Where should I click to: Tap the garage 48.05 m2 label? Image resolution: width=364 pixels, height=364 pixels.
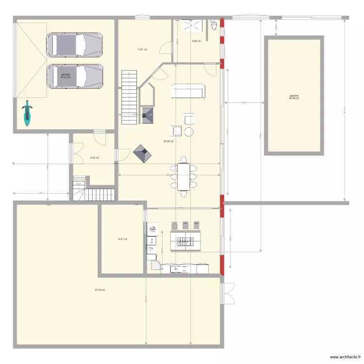point(65,76)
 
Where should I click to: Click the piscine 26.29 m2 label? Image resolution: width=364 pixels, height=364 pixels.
point(294,97)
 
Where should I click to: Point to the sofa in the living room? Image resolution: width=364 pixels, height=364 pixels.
point(188,91)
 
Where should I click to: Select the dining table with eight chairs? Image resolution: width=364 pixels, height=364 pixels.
point(184,176)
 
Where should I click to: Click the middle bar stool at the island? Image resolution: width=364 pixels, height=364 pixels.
point(185,225)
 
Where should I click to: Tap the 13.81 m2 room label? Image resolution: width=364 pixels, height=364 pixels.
point(142,50)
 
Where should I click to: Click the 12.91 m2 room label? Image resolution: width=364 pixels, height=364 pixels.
point(122,239)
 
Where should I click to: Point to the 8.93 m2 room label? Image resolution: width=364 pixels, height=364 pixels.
point(94,158)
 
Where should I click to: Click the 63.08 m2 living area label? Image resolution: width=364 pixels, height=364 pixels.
point(168,141)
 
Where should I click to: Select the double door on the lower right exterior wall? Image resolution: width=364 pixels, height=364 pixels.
point(228,293)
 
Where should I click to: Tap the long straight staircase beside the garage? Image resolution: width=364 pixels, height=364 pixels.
point(130,97)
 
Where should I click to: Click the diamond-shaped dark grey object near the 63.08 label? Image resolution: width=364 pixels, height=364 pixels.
point(142,154)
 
